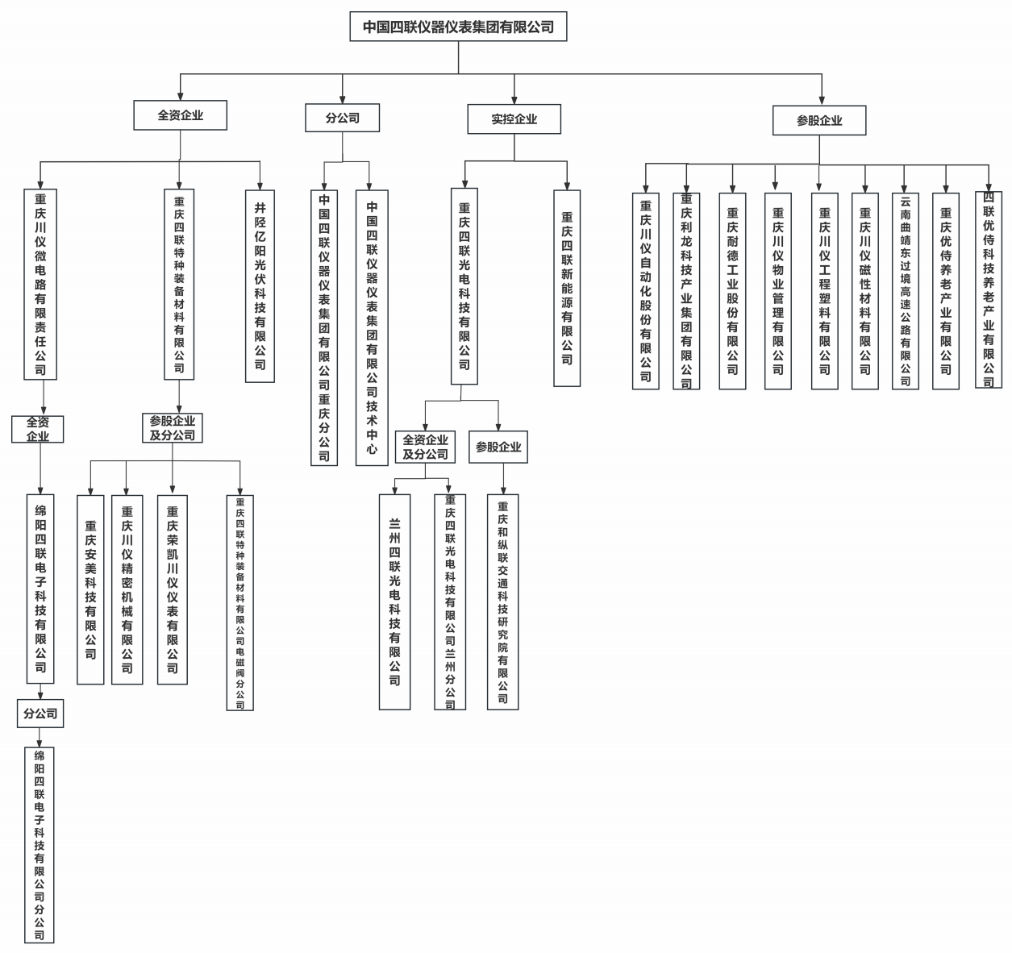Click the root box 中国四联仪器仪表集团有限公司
pos(458,27)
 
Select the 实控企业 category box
pos(514,119)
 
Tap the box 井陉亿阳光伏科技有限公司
pos(260,285)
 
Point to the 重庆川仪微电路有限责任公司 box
pos(40,284)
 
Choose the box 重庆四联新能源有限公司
pos(567,288)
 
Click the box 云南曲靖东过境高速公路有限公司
pos(906,290)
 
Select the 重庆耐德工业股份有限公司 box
pos(732,290)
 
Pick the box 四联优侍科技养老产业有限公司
pos(989,289)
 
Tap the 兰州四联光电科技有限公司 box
pos(394,601)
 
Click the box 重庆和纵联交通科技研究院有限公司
pos(502,601)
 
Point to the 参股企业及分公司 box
pos(172,428)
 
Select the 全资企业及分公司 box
pos(425,447)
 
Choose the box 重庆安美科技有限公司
pos(90,589)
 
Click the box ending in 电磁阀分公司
pos(240,602)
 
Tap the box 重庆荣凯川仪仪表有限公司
pos(173,589)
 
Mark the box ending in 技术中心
pos(372,327)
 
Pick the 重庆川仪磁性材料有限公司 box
pos(864,290)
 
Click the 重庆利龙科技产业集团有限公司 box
pos(686,290)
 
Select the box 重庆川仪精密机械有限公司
pos(127,589)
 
